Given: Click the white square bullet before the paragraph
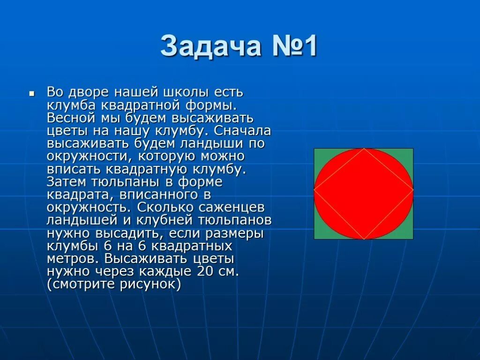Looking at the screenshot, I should point(31,94).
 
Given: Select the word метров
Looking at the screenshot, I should point(73,258).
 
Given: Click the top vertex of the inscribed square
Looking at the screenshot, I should point(364,149).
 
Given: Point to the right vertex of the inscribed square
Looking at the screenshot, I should point(413,190).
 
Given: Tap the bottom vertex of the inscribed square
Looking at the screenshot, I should point(364,239).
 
